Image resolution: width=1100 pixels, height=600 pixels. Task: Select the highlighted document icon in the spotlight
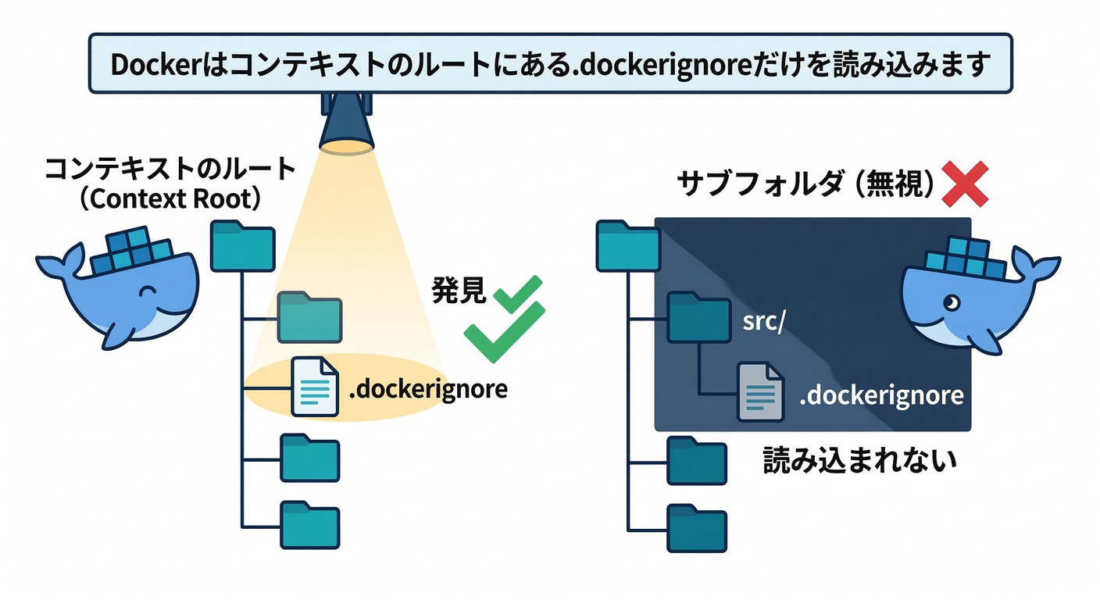pos(314,386)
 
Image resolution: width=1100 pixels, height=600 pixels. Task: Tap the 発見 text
pos(459,291)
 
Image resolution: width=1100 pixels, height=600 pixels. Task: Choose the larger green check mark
pos(503,332)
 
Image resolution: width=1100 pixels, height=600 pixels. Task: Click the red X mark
pos(966,184)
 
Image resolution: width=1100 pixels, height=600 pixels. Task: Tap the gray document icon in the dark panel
pos(760,392)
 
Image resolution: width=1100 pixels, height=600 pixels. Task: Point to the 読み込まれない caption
pos(859,461)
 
